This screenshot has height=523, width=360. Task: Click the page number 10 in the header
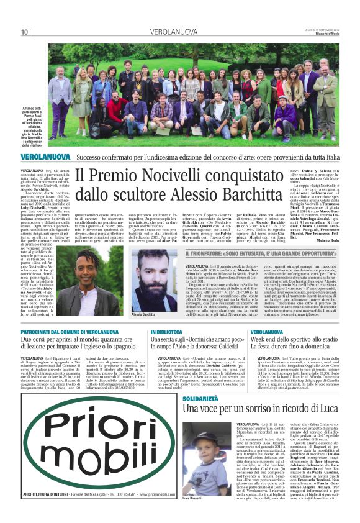[25, 32]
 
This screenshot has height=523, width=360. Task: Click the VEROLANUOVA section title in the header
[175, 32]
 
